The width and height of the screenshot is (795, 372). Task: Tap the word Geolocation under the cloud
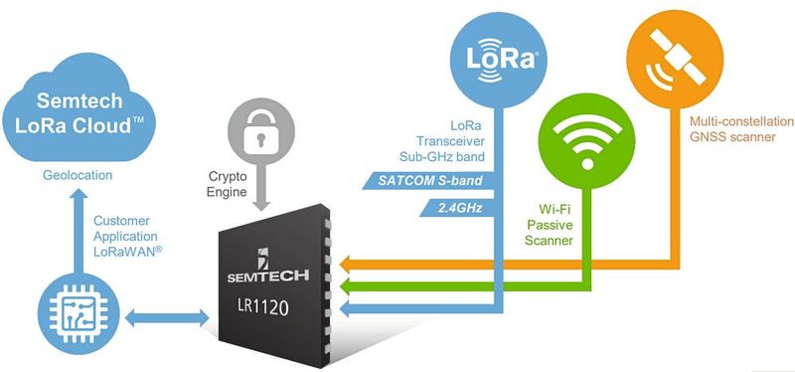[77, 176]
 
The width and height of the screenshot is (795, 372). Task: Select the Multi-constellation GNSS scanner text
[729, 128]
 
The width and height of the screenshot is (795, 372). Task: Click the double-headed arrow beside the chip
[166, 317]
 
